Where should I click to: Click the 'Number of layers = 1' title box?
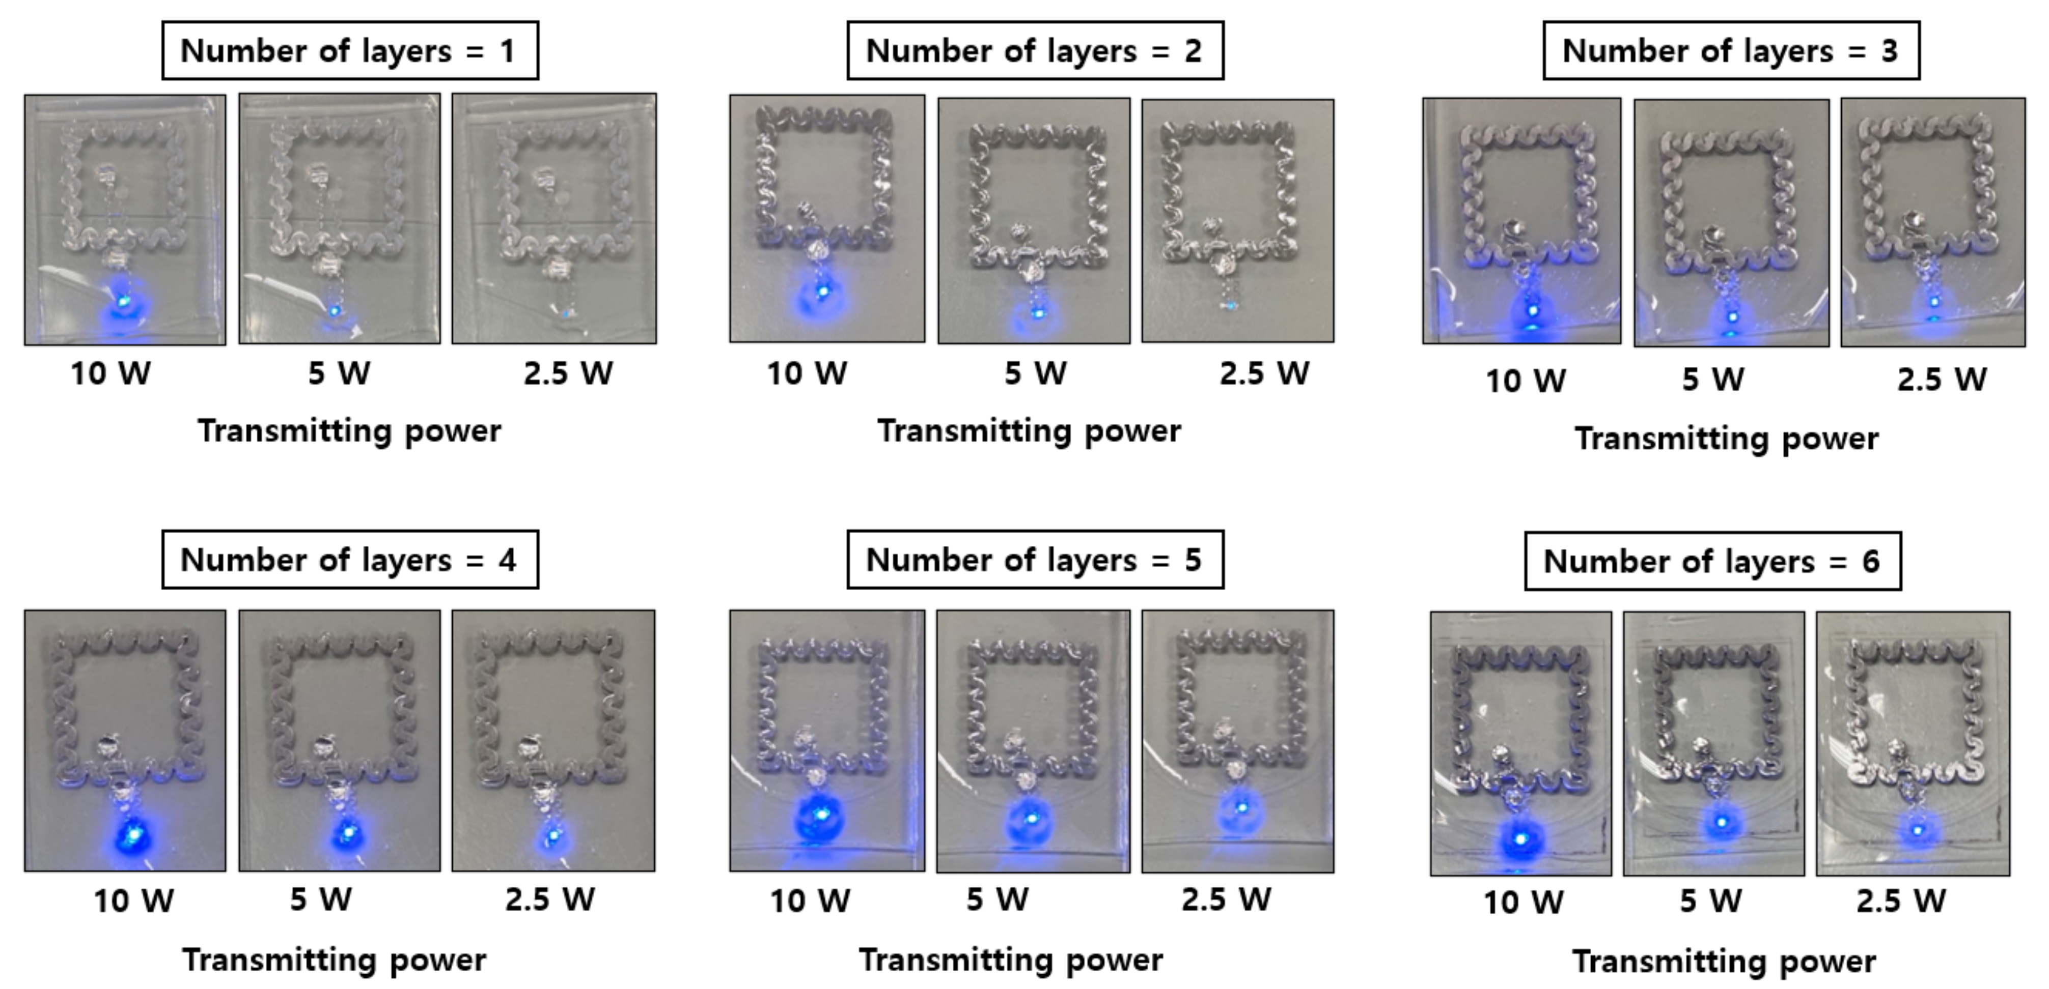click(x=350, y=51)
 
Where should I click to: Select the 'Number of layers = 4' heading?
click(x=350, y=560)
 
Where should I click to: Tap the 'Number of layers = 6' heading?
click(x=1712, y=561)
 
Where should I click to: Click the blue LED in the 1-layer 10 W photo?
click(x=124, y=301)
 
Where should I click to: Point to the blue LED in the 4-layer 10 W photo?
click(x=133, y=834)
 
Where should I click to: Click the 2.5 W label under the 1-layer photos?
click(x=568, y=373)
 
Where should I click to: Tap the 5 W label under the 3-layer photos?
click(x=1712, y=380)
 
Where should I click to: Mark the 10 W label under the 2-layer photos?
click(x=807, y=373)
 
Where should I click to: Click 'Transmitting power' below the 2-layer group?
click(x=1029, y=431)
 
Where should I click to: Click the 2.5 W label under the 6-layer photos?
click(x=1901, y=901)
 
